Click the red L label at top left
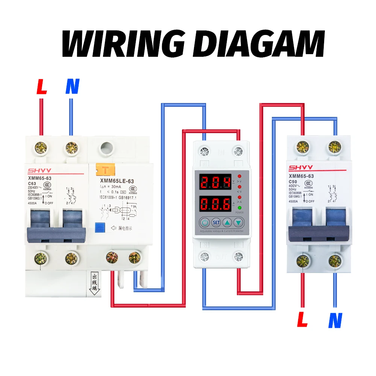(42, 86)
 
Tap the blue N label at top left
(72, 86)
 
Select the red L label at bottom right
(303, 320)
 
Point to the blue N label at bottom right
(335, 320)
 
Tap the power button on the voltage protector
(205, 222)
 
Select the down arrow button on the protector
(238, 222)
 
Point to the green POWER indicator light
(239, 207)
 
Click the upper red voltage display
(215, 183)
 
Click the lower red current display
(215, 205)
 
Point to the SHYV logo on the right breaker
(301, 167)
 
